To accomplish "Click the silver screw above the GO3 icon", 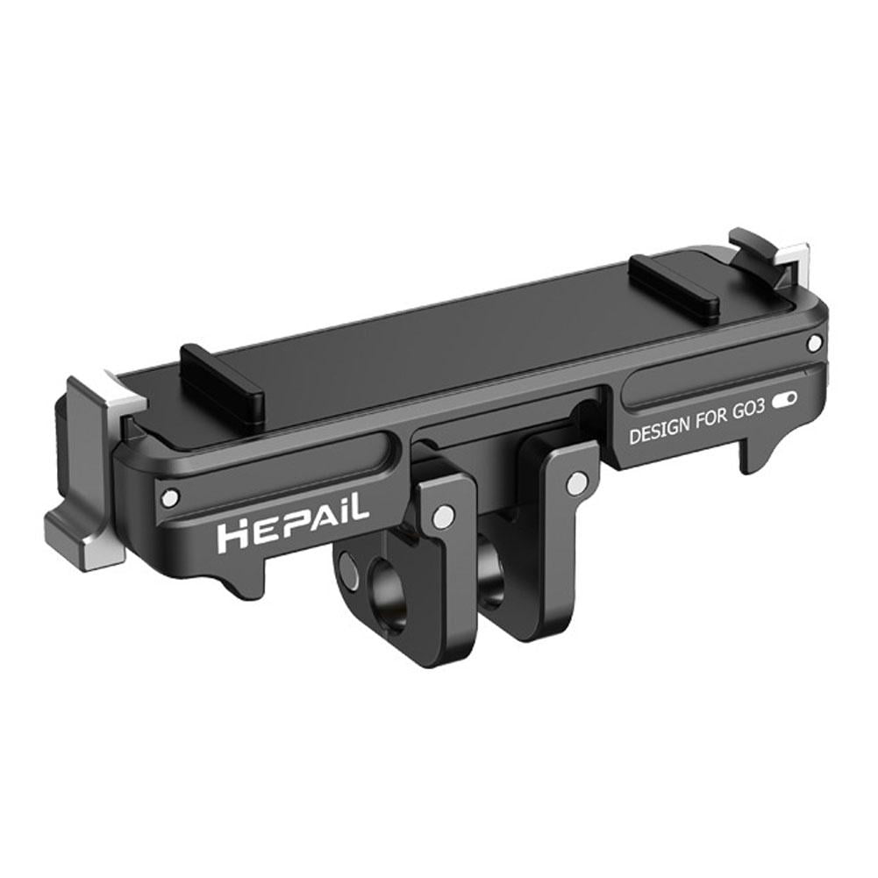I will pos(816,341).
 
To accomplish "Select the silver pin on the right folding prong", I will pos(576,482).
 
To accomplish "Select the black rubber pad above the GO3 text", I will pos(675,285).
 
